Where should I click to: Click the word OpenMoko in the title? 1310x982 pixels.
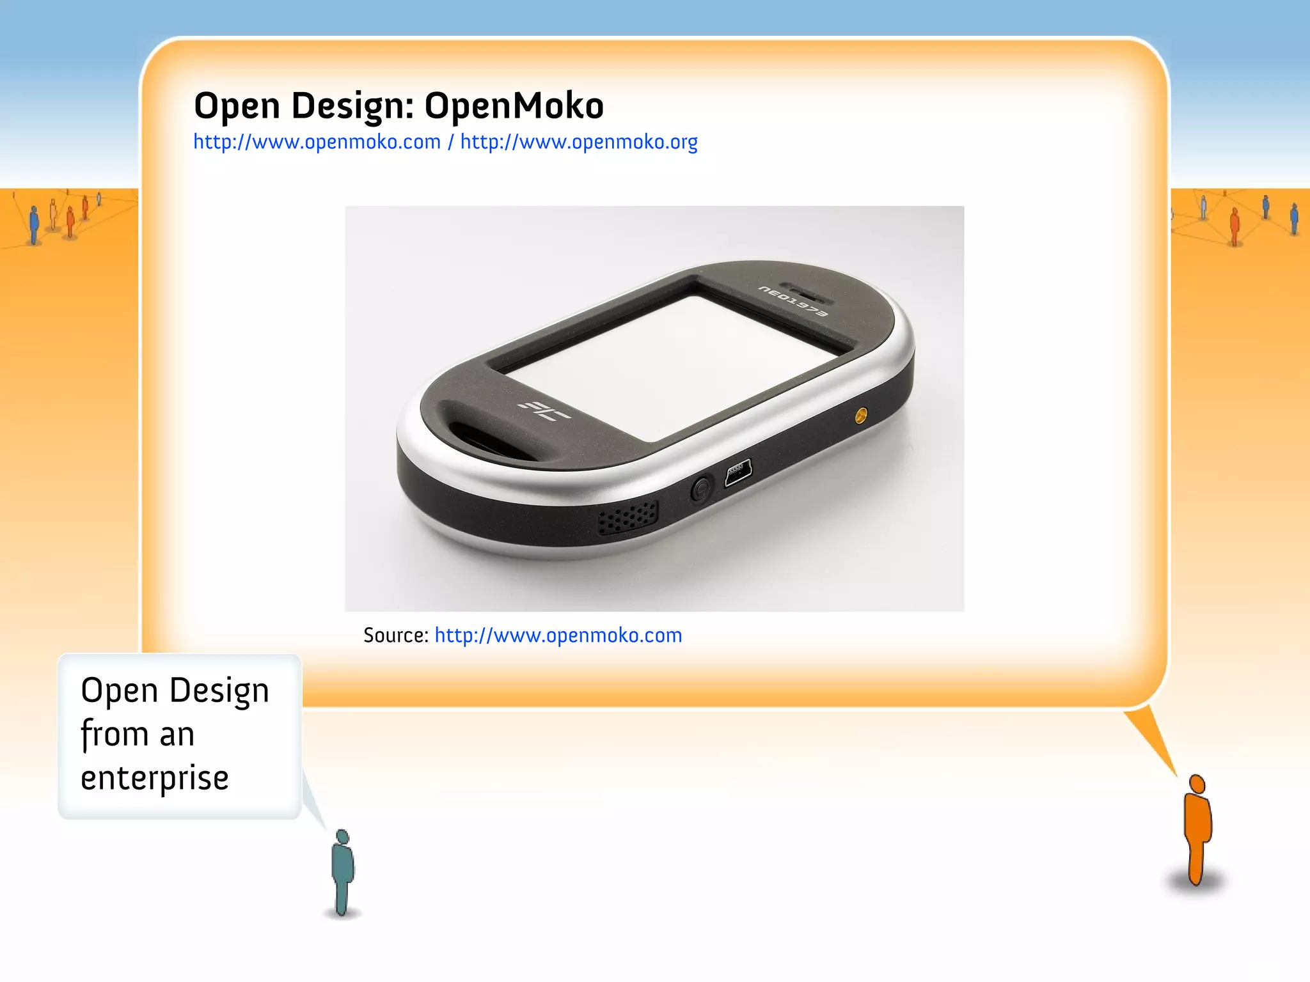pyautogui.click(x=514, y=105)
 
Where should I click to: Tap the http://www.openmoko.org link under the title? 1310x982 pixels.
pyautogui.click(x=579, y=142)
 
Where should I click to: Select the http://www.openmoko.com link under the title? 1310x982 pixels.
pyautogui.click(x=317, y=142)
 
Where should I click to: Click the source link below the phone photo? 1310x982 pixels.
pyautogui.click(x=558, y=635)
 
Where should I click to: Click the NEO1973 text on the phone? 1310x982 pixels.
pyautogui.click(x=793, y=300)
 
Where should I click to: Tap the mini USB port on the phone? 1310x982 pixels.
pyautogui.click(x=738, y=474)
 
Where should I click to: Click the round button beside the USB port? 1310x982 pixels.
pyautogui.click(x=701, y=490)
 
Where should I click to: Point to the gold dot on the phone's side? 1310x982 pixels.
pyautogui.click(x=861, y=417)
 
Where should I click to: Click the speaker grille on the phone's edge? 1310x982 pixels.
pyautogui.click(x=627, y=517)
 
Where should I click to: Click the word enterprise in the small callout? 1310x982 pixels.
pyautogui.click(x=155, y=778)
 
